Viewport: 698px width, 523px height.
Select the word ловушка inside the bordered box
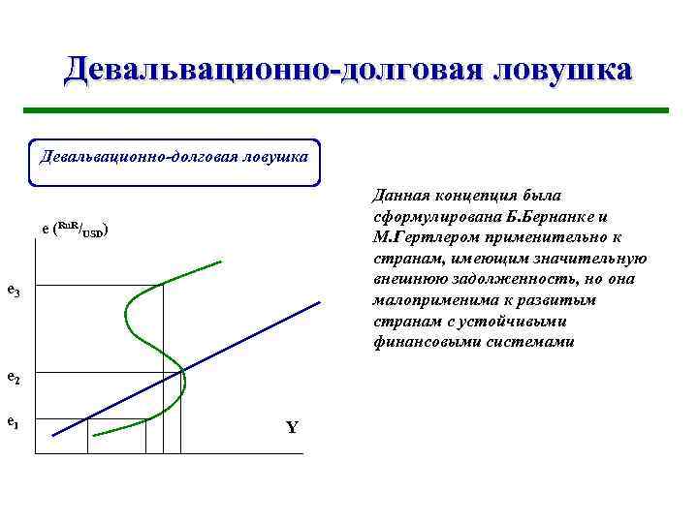click(274, 155)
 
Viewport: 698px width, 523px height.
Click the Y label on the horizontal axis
click(292, 428)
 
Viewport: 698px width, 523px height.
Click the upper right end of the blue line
click(319, 303)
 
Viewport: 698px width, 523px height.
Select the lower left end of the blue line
click(52, 435)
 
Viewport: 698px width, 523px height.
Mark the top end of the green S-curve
click(222, 261)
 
